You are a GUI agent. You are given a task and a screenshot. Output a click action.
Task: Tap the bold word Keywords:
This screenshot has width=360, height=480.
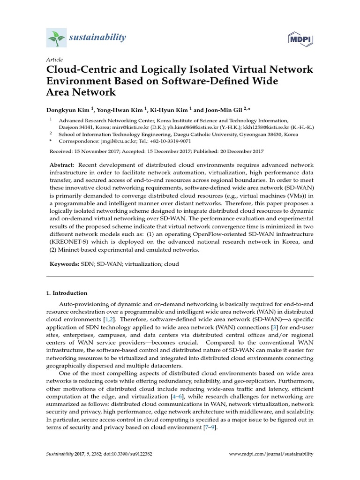pyautogui.click(x=65, y=264)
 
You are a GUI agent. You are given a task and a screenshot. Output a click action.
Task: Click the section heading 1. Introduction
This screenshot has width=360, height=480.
pyautogui.click(x=67, y=293)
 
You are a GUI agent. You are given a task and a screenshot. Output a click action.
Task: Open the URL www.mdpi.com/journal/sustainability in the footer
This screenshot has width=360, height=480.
pyautogui.click(x=271, y=454)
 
